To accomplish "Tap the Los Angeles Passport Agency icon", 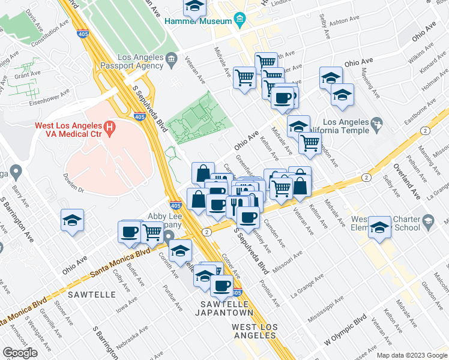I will [x=171, y=58].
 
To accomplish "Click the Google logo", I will [x=20, y=352].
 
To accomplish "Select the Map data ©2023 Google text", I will [x=411, y=355].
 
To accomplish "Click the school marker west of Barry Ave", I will [x=72, y=221].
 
